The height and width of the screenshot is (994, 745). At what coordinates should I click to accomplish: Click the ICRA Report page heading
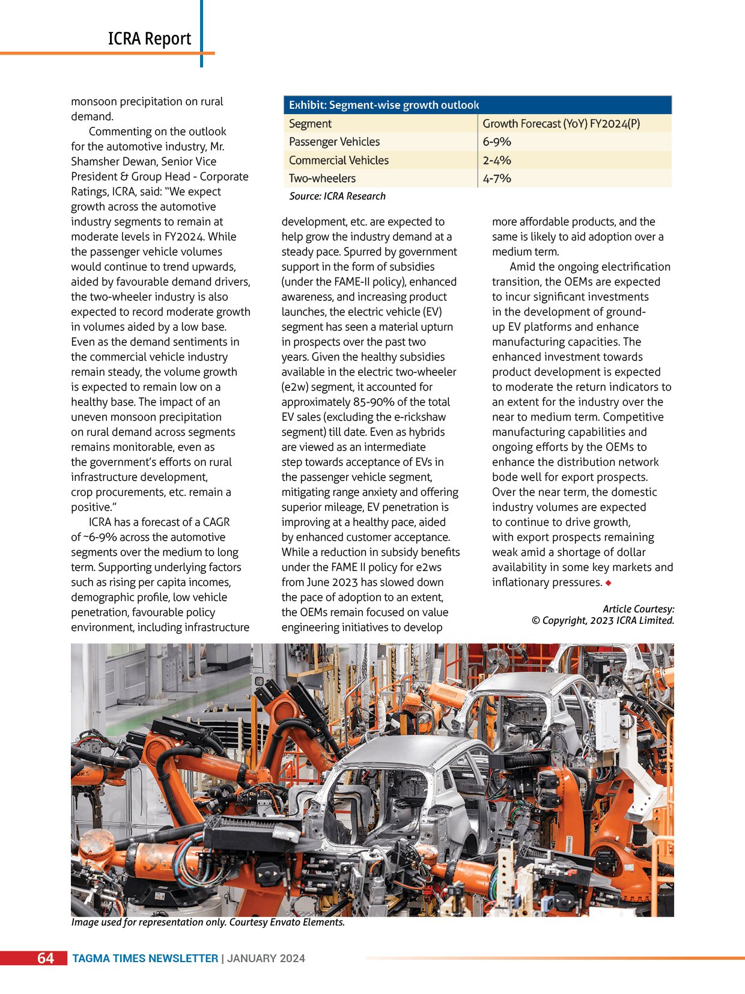click(149, 39)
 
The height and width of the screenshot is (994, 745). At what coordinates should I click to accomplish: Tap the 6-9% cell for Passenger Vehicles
click(497, 142)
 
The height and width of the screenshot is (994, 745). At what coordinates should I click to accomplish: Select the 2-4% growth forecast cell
click(497, 160)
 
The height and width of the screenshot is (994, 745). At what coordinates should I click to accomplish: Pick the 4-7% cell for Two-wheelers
click(497, 178)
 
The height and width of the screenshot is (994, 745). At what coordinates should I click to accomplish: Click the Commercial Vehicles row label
click(338, 160)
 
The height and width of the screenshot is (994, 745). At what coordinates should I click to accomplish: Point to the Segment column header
click(310, 124)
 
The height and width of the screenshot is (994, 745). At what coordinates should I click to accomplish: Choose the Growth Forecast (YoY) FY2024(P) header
click(561, 124)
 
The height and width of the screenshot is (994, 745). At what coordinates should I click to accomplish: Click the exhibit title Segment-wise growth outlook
click(384, 105)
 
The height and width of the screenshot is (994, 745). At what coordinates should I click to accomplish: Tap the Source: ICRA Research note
click(337, 196)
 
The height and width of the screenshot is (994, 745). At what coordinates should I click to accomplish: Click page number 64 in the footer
click(46, 958)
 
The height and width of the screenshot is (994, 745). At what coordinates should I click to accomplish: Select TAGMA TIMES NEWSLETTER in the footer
click(145, 959)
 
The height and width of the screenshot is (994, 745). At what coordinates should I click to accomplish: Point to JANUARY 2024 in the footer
click(266, 959)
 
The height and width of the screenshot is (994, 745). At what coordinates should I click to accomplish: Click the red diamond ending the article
click(609, 583)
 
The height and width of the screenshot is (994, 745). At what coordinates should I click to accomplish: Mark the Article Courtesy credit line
click(638, 609)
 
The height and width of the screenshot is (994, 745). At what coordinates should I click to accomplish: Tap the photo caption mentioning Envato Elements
click(208, 922)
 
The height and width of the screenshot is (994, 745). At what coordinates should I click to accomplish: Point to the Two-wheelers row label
click(322, 178)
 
